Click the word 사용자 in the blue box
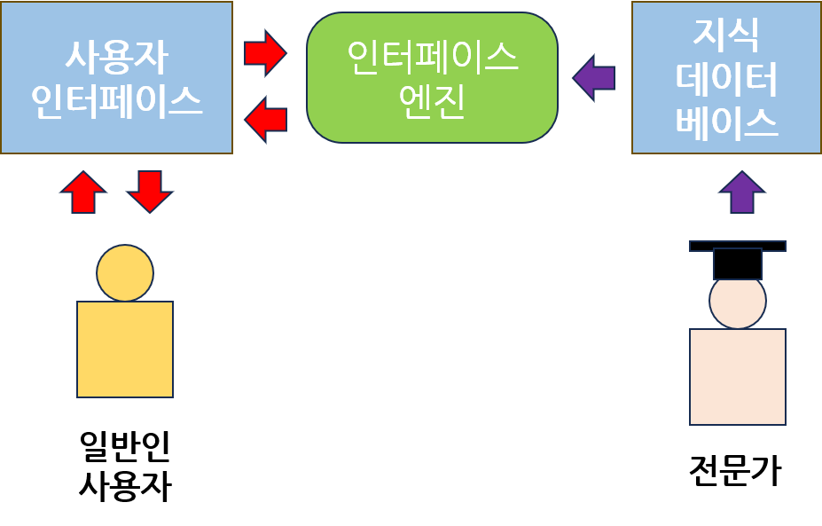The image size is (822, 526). click(x=116, y=58)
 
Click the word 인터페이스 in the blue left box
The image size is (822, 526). click(x=116, y=102)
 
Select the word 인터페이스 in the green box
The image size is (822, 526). click(x=433, y=59)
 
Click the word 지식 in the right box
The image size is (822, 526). click(x=726, y=35)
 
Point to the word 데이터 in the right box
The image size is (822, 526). click(x=726, y=79)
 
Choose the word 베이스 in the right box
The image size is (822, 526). click(x=726, y=122)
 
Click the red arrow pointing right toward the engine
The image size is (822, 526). click(x=265, y=52)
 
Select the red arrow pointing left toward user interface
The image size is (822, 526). click(x=265, y=119)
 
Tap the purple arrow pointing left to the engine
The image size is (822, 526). click(x=594, y=77)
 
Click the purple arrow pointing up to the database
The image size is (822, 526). click(x=741, y=192)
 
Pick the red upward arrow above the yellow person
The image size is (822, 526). click(x=83, y=192)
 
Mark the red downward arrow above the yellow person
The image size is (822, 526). click(x=149, y=192)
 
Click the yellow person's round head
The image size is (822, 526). click(x=125, y=272)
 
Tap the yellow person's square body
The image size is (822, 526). click(x=125, y=349)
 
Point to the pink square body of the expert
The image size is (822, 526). click(x=738, y=376)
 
